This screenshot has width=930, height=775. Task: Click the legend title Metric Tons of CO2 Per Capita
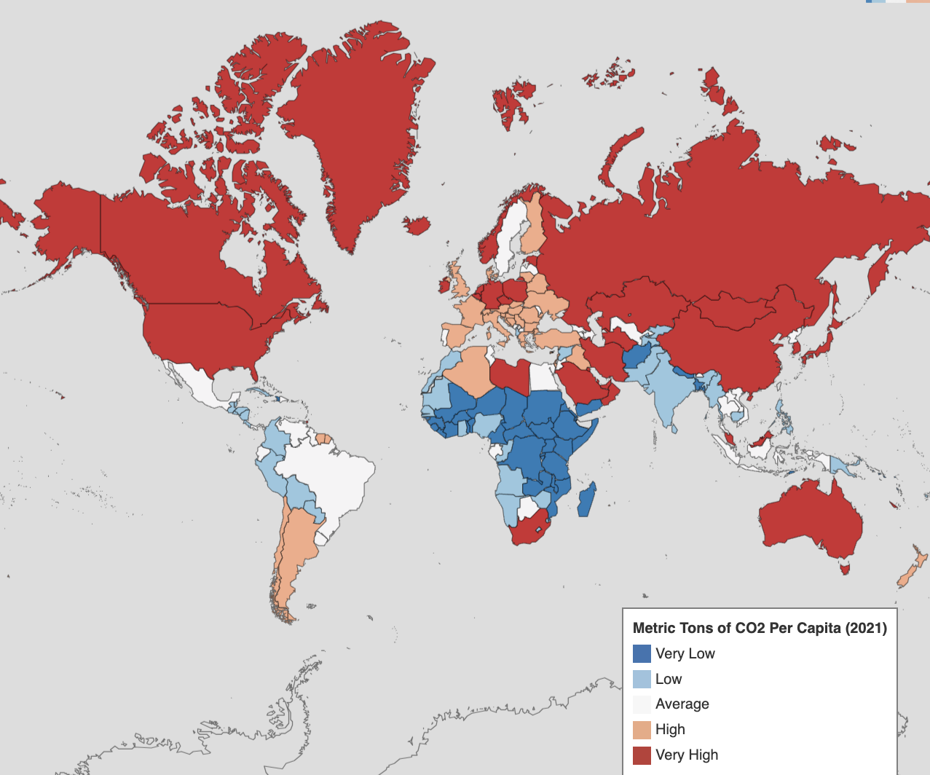(x=760, y=628)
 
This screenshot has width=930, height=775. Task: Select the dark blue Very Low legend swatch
(x=642, y=653)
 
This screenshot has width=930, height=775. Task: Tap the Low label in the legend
(x=668, y=679)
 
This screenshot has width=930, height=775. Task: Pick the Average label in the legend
(x=682, y=704)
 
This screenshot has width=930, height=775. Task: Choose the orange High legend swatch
(x=642, y=729)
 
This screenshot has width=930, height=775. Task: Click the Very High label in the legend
(x=686, y=755)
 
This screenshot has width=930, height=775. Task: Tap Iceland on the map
(x=417, y=225)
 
